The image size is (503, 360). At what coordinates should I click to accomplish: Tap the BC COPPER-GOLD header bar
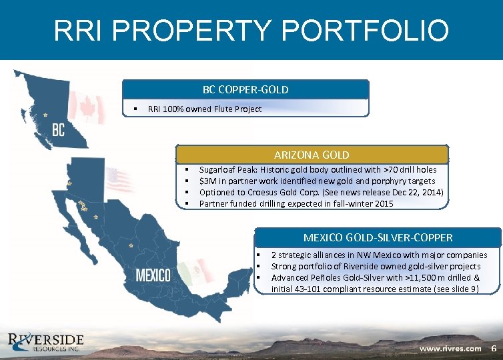click(x=245, y=89)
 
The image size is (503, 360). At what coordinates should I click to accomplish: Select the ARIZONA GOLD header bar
click(x=312, y=155)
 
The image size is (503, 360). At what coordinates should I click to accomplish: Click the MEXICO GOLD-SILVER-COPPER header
click(x=378, y=237)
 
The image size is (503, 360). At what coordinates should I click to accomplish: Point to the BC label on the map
click(x=58, y=129)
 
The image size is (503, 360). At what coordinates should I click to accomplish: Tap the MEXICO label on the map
click(x=153, y=275)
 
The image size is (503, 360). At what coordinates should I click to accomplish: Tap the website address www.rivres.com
click(x=450, y=349)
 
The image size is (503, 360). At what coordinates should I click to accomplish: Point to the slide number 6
click(x=494, y=349)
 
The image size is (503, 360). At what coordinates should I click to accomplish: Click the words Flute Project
click(x=241, y=109)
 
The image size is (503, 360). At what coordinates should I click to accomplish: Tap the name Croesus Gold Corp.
click(x=287, y=192)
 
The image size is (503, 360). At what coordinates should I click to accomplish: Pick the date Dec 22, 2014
click(x=416, y=192)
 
